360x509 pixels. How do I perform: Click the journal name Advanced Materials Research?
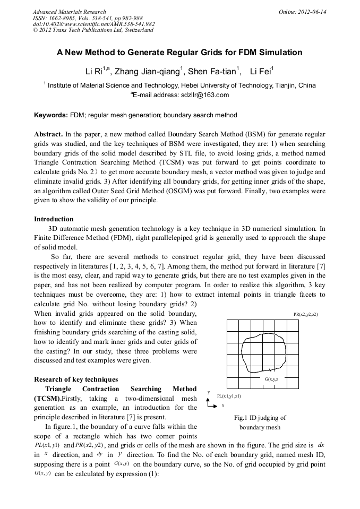point(69,12)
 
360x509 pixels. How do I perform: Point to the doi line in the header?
point(93,24)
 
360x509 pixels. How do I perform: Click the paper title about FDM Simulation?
point(179,53)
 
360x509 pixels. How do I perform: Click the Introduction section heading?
point(54,219)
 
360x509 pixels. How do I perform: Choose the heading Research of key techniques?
point(76,379)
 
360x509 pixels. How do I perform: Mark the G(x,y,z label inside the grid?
point(271,379)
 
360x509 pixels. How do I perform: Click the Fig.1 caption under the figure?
point(260,422)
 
